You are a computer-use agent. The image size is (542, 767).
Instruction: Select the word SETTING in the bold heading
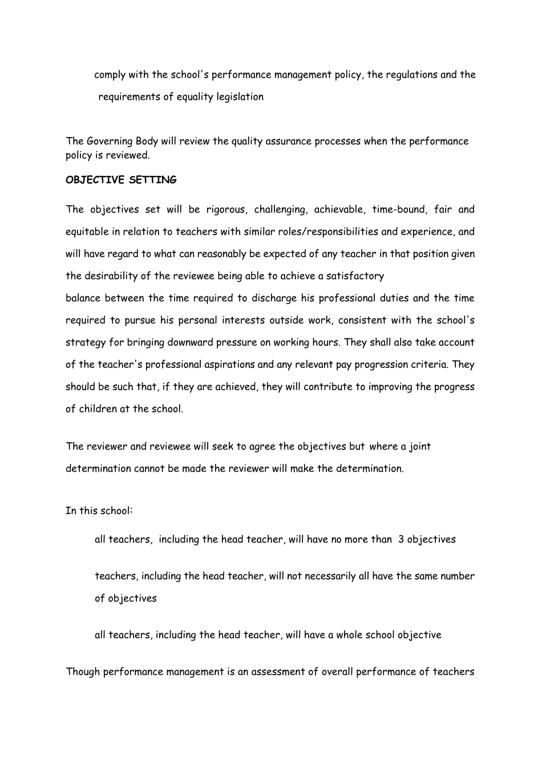coord(153,180)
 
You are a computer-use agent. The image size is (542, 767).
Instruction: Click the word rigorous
coord(226,209)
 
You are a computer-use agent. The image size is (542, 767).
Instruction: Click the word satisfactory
coord(355,276)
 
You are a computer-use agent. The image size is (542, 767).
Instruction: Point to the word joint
coord(420,446)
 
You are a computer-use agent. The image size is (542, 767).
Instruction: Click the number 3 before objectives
coord(401,539)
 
